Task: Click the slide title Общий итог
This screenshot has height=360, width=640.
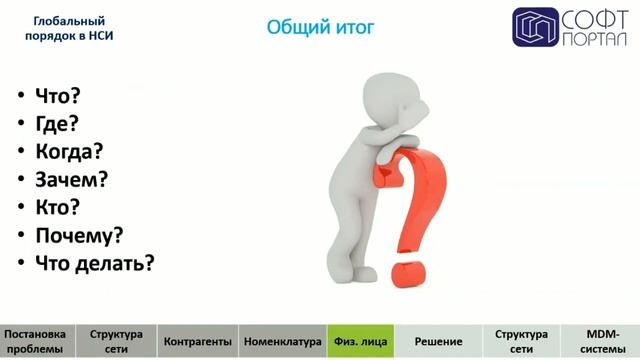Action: coord(320,27)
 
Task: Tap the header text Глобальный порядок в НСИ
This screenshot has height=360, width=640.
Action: coord(69,27)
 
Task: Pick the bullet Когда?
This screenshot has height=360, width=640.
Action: coord(69,152)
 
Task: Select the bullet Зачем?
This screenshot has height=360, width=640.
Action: coord(71,180)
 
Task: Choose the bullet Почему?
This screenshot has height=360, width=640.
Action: coord(78,236)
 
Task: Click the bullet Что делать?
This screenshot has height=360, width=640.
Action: coord(94,264)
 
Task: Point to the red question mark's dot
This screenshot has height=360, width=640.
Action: coord(409,272)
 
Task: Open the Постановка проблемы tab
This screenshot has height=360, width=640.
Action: coord(38,341)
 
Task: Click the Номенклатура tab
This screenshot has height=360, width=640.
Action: coord(282,341)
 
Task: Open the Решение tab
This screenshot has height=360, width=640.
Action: coord(438,341)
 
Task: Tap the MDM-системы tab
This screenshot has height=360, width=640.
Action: coord(600,341)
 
